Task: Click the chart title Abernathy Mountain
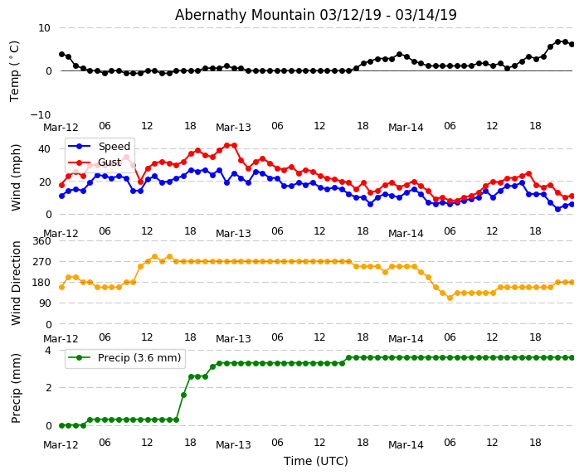pyautogui.click(x=315, y=15)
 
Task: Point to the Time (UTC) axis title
pyautogui.click(x=315, y=461)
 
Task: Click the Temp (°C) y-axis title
pyautogui.click(x=15, y=70)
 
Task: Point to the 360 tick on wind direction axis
pyautogui.click(x=41, y=240)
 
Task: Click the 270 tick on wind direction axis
pyautogui.click(x=41, y=261)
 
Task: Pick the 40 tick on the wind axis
pyautogui.click(x=45, y=149)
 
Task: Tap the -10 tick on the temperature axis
pyautogui.click(x=41, y=114)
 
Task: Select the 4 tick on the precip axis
pyautogui.click(x=48, y=351)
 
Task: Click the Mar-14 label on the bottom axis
pyautogui.click(x=406, y=444)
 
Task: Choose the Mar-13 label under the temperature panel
pyautogui.click(x=233, y=127)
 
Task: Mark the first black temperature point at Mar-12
pyautogui.click(x=61, y=54)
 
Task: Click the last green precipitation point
pyautogui.click(x=572, y=357)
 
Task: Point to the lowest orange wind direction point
pyautogui.click(x=450, y=298)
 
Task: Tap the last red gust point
pyautogui.click(x=572, y=196)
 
